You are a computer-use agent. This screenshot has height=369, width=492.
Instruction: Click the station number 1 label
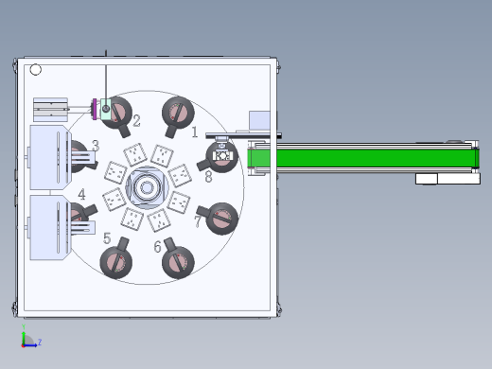click(195, 132)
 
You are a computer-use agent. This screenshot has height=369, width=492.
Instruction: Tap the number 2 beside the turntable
click(136, 120)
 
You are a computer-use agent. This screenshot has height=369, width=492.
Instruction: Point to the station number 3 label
click(96, 146)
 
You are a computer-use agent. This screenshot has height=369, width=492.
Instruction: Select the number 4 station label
click(81, 194)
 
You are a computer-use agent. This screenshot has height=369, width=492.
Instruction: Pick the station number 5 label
click(107, 238)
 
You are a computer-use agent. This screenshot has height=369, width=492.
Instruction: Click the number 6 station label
click(157, 246)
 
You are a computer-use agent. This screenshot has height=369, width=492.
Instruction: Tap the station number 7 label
click(198, 221)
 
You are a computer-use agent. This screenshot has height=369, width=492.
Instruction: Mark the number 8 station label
click(208, 177)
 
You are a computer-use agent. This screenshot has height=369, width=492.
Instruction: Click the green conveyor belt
click(363, 158)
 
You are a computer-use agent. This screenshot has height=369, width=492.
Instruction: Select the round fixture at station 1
click(178, 114)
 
